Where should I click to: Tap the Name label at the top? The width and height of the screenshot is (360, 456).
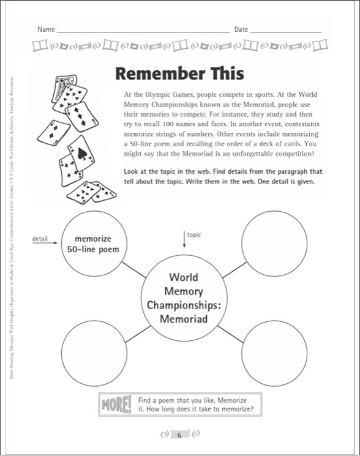46,29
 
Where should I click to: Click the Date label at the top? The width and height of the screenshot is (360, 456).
241,29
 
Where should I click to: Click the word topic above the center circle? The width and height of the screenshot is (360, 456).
193,234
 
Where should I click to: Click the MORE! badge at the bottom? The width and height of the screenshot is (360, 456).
114,405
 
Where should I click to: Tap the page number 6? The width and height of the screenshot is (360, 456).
179,435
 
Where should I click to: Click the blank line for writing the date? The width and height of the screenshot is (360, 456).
286,31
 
